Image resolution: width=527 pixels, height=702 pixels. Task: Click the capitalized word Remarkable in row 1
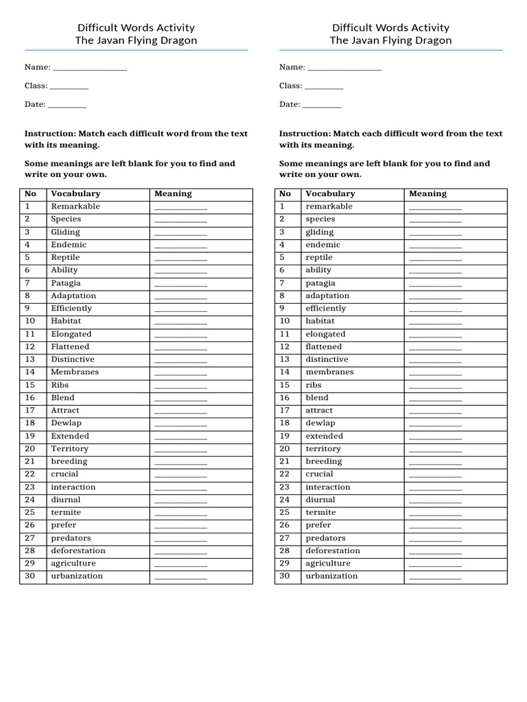tap(75, 206)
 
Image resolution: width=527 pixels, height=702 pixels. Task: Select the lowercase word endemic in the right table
tap(323, 245)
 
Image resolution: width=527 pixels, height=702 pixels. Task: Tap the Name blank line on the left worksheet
tap(89, 68)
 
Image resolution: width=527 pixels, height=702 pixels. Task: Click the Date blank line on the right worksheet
tap(321, 105)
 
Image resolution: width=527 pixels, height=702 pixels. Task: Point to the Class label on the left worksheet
tap(36, 86)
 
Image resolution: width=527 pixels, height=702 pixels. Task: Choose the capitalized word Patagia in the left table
tap(66, 283)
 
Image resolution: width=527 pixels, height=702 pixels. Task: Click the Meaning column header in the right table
tap(428, 194)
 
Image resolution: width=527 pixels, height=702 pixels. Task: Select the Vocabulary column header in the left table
tap(75, 194)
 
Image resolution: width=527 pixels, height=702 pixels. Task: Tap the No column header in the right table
tap(285, 194)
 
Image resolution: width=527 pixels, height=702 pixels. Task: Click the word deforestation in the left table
tap(78, 550)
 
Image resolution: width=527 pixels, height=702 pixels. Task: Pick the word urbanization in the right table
tap(331, 576)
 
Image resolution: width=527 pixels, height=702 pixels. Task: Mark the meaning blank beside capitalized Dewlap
tap(180, 424)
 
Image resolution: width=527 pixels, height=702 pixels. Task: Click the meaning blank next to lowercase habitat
tap(435, 322)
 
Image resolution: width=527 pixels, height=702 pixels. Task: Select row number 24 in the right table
tap(285, 500)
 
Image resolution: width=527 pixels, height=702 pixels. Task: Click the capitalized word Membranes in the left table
tap(75, 372)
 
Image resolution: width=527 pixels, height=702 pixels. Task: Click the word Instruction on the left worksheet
tap(50, 134)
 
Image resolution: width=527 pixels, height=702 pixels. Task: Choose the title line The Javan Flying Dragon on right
tap(390, 40)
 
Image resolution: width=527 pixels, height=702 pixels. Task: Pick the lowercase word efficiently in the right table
tap(326, 308)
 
